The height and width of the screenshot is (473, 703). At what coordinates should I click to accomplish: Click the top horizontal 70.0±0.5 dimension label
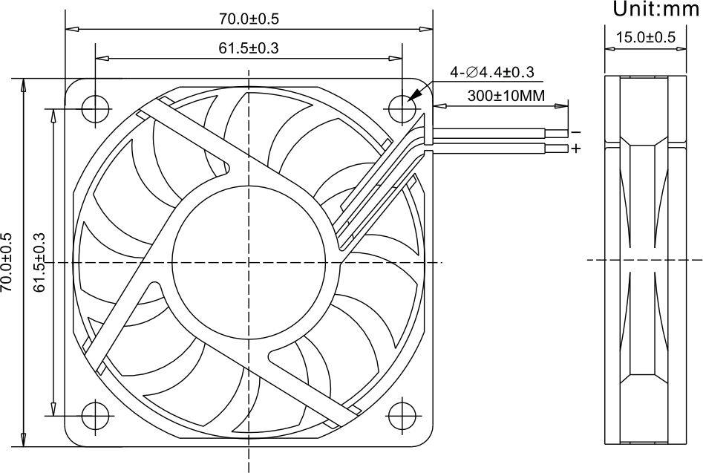(249, 19)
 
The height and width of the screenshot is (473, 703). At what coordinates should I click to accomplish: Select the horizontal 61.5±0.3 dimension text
(249, 48)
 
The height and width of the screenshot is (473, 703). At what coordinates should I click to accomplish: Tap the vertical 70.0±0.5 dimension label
(6, 262)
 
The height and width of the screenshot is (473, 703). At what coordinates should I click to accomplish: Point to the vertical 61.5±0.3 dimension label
(40, 262)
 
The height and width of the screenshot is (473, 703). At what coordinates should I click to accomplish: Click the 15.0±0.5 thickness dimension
(646, 37)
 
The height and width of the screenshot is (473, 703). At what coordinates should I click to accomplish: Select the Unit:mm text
(656, 9)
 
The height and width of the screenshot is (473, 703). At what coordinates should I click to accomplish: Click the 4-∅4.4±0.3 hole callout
(492, 72)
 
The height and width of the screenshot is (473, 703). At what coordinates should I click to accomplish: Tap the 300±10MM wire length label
(506, 96)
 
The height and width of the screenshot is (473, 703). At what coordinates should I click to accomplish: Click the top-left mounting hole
(95, 109)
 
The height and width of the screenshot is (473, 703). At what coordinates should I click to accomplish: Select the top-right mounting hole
(402, 109)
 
